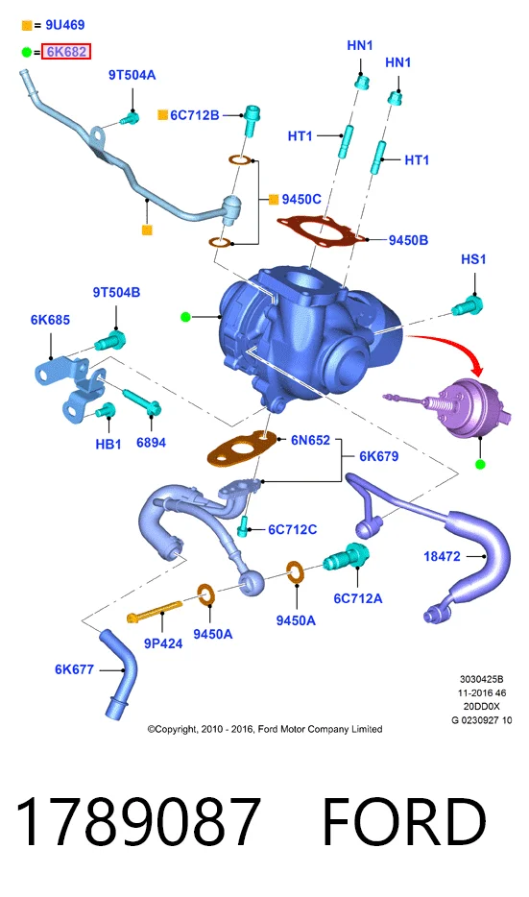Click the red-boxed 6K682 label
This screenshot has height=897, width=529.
click(66, 52)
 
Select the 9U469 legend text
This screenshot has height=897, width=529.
click(65, 25)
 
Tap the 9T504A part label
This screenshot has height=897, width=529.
click(132, 75)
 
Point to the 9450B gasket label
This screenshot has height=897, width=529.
click(408, 240)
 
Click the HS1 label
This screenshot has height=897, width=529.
click(473, 259)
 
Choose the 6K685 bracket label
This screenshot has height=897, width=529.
click(50, 320)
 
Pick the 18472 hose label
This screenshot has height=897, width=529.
click(442, 556)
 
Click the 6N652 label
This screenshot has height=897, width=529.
click(310, 440)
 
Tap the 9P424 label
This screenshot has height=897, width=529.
click(163, 643)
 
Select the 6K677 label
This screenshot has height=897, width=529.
click(74, 669)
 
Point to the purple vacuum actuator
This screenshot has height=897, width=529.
click(452, 407)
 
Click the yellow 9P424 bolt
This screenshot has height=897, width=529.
click(155, 611)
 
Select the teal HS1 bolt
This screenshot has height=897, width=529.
click(468, 306)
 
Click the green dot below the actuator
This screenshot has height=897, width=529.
click(480, 464)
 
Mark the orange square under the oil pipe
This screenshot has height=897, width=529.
click(147, 230)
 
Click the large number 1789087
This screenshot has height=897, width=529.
click(138, 821)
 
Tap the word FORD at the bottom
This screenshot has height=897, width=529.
click(404, 821)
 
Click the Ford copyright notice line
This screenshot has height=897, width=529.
click(265, 729)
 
